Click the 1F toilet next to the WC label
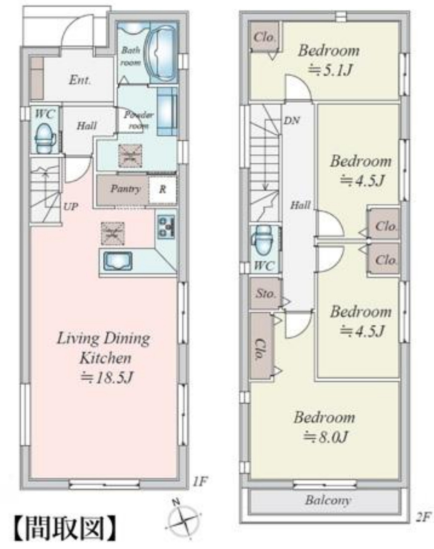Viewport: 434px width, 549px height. pyautogui.click(x=45, y=138)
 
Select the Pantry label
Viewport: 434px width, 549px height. pyautogui.click(x=125, y=189)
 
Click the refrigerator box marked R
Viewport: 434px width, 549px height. pyautogui.click(x=162, y=190)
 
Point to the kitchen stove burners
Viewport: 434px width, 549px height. pyautogui.click(x=166, y=227)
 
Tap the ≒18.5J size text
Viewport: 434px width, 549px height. pyautogui.click(x=106, y=378)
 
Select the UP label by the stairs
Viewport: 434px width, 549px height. pyautogui.click(x=70, y=206)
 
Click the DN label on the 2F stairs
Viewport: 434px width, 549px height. pyautogui.click(x=292, y=120)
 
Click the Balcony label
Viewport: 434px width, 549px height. pyautogui.click(x=327, y=500)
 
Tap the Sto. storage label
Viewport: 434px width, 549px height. pyautogui.click(x=266, y=294)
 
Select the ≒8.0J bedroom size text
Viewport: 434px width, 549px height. pyautogui.click(x=325, y=437)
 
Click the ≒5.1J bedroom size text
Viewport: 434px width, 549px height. pyautogui.click(x=329, y=70)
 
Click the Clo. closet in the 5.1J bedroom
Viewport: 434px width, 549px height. pyautogui.click(x=264, y=37)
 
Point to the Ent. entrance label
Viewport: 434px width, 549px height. pyautogui.click(x=80, y=80)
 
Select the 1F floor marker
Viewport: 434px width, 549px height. pyautogui.click(x=200, y=482)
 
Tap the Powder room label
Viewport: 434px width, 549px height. pyautogui.click(x=139, y=120)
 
